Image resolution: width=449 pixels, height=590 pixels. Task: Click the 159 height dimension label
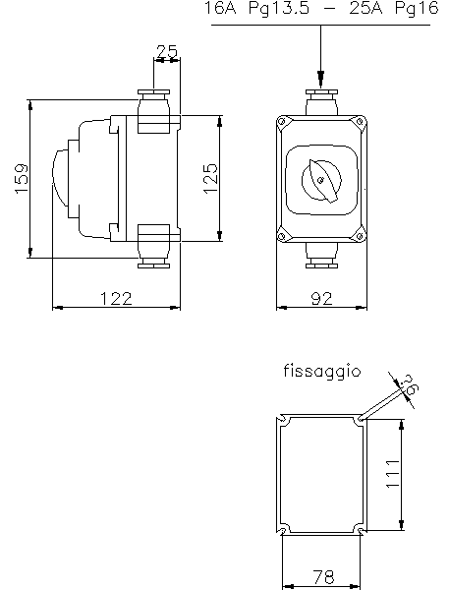23,178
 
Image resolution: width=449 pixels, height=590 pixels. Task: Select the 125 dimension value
210,178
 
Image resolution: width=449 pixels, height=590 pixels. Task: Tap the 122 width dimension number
116,299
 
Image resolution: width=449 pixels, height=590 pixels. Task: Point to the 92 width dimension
322,299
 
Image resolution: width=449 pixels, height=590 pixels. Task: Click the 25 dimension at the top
167,51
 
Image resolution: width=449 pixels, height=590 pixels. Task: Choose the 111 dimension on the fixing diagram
393,473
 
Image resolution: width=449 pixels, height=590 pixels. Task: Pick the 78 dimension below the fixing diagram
323,577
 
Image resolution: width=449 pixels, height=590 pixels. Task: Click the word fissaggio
322,372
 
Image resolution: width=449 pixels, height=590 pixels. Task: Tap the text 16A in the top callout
220,8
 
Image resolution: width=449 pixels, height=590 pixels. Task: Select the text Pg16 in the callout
417,9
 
